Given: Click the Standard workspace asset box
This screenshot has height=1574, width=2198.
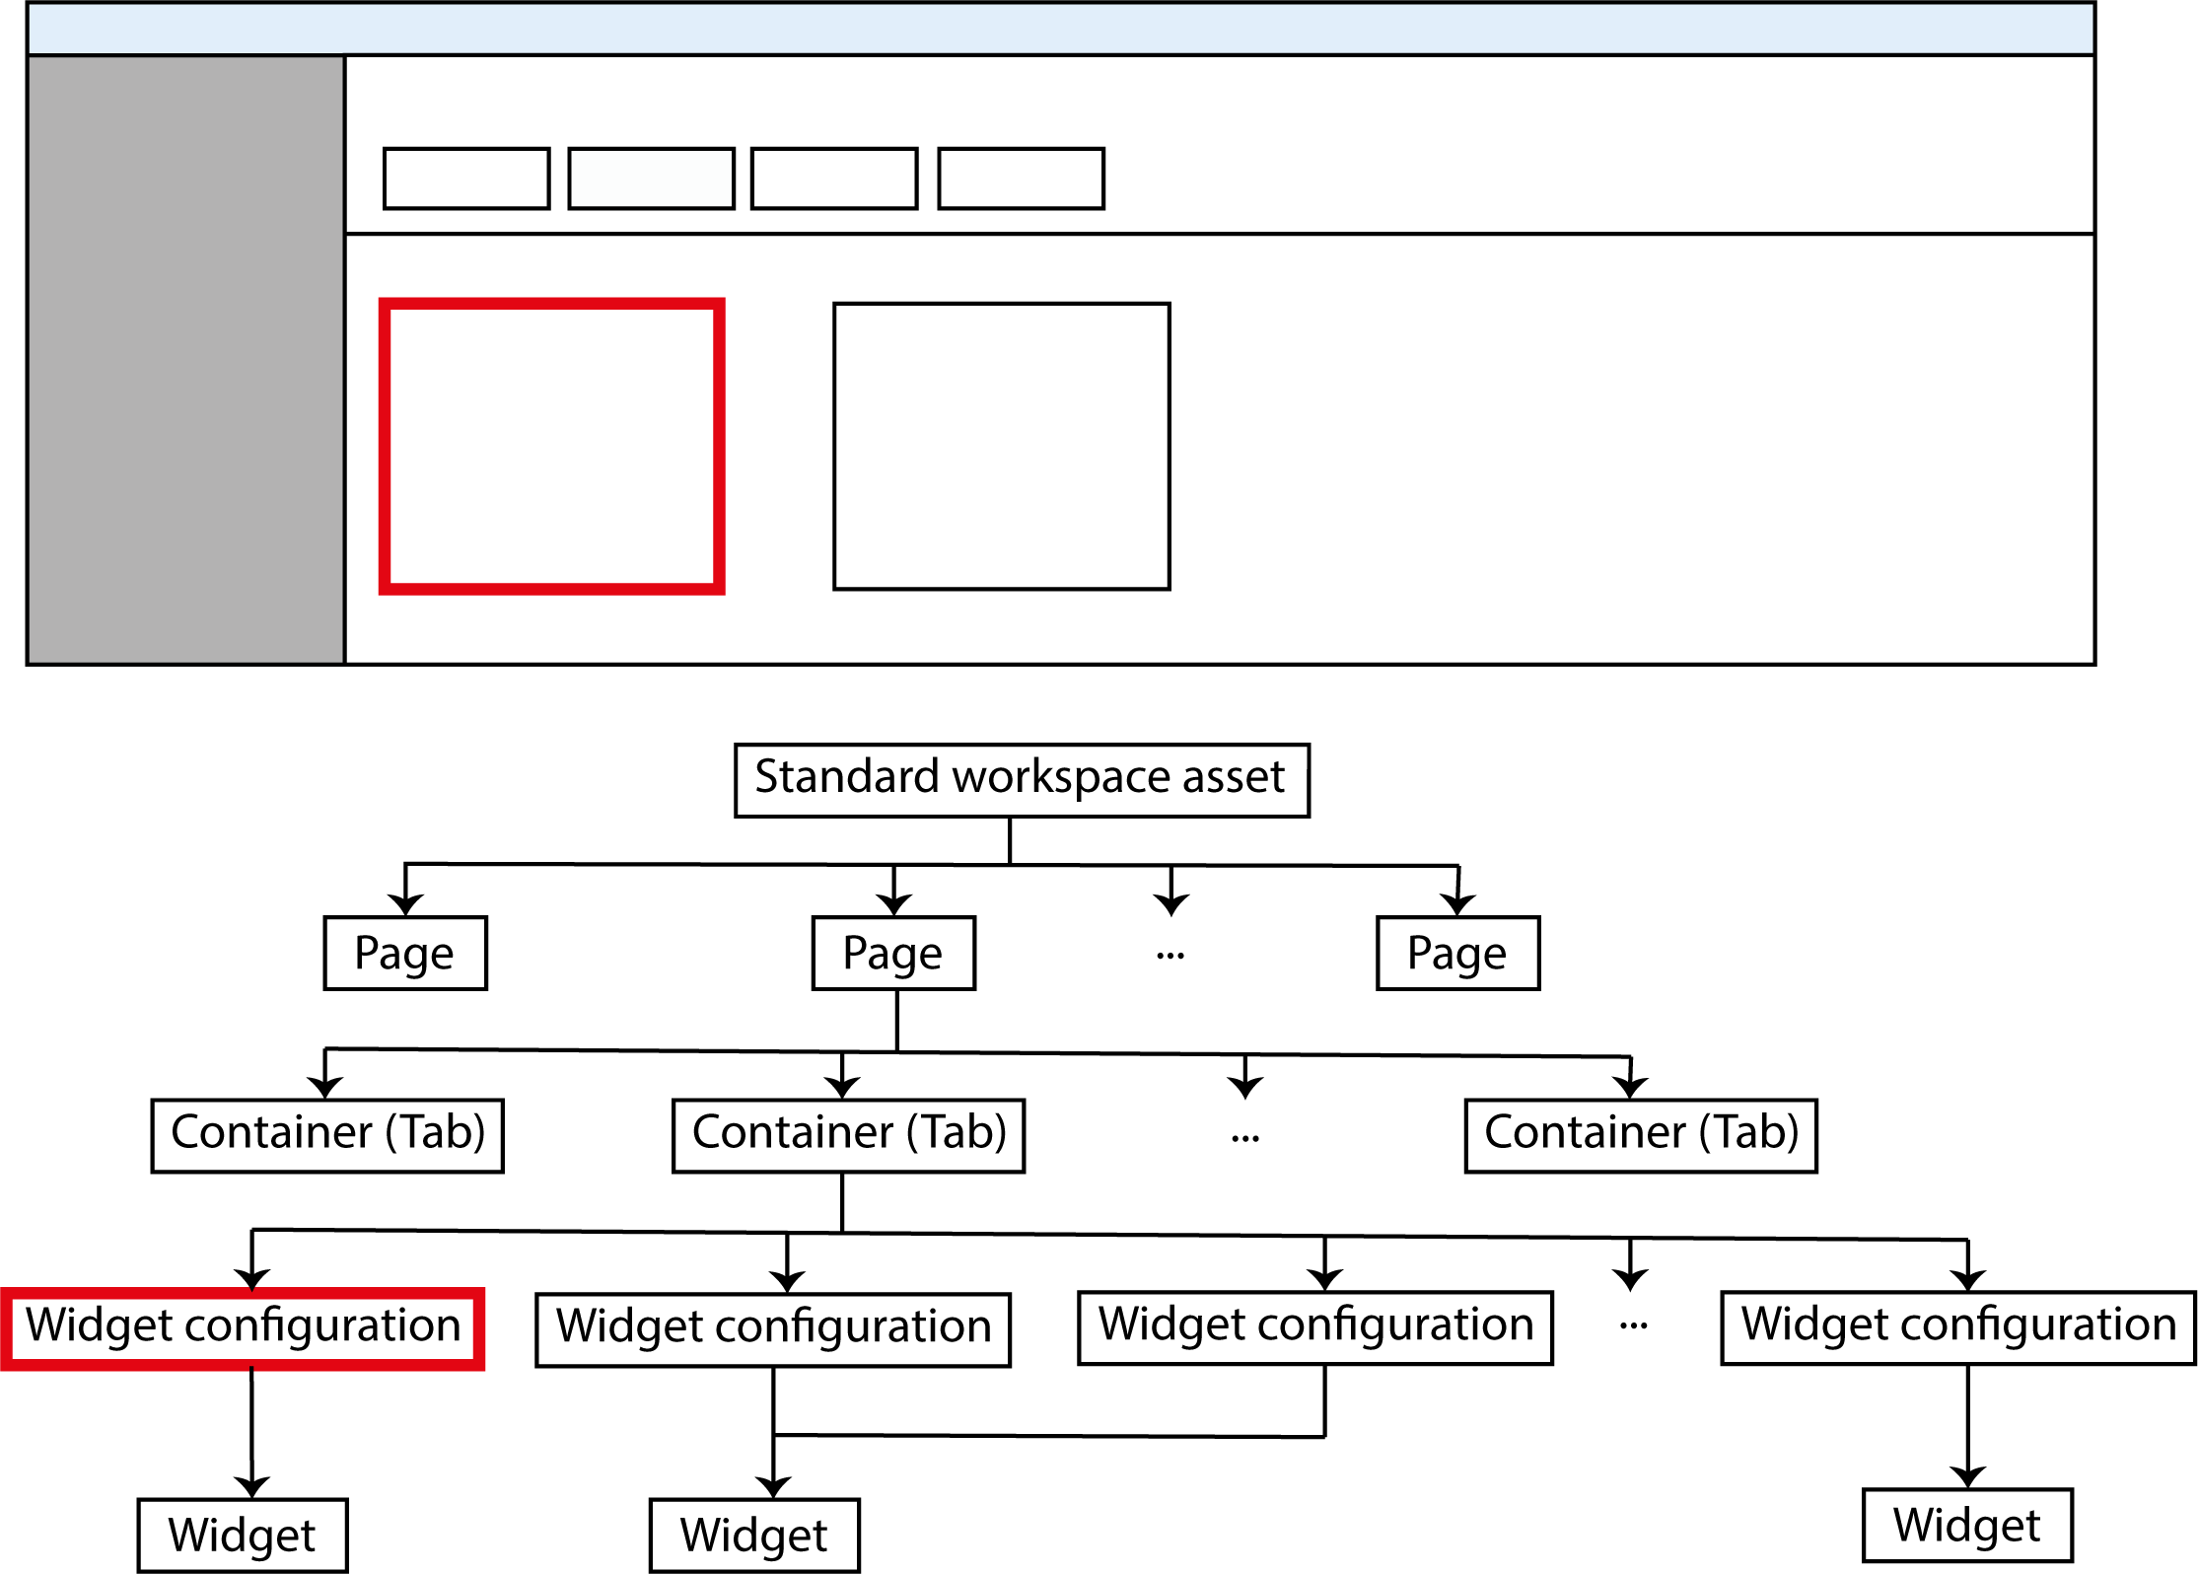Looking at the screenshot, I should [x=1022, y=780].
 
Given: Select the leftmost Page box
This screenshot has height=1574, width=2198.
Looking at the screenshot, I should [x=405, y=953].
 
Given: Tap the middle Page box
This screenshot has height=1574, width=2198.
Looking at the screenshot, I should [x=893, y=953].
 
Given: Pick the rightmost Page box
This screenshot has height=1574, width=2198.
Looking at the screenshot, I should [x=1457, y=953].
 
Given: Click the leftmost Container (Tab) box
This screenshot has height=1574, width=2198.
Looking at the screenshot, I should [x=327, y=1135].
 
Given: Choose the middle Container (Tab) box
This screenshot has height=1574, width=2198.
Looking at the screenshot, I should [x=848, y=1135].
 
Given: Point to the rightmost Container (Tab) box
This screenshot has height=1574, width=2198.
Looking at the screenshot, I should [x=1641, y=1135].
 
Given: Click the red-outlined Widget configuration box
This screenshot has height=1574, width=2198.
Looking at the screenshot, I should [x=243, y=1327].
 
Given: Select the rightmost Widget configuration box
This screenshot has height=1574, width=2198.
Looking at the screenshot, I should [x=1957, y=1327].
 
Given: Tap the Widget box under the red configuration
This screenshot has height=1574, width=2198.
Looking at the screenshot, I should [x=243, y=1535].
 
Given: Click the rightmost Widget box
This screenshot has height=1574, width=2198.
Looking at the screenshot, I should [x=1967, y=1526].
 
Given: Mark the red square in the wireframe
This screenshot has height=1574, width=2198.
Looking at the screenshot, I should [x=552, y=446].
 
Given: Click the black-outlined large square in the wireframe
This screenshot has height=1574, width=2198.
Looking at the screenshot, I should [x=1002, y=446].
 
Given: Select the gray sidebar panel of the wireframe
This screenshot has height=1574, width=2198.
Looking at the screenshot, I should [x=186, y=360].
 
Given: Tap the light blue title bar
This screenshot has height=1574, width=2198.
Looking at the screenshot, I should [x=1061, y=30].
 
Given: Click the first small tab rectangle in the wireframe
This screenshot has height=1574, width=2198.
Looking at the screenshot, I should [x=466, y=179].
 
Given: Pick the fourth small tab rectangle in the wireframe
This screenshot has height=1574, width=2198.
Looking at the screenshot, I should [x=1021, y=179].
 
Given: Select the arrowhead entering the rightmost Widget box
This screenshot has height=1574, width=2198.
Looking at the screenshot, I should [x=1968, y=1476].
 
